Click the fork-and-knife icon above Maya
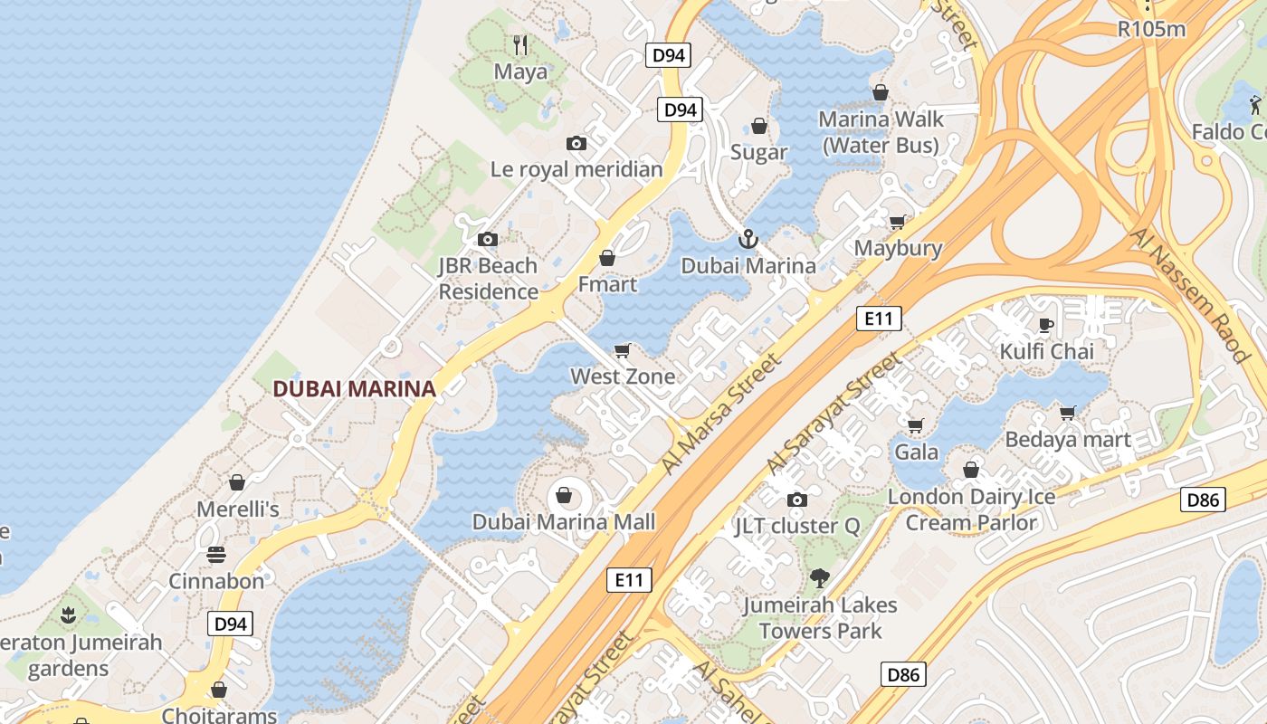tap(520, 44)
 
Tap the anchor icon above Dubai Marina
tap(748, 240)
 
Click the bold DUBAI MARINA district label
tap(354, 389)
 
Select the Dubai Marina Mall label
tap(564, 522)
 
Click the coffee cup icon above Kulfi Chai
tap(1046, 325)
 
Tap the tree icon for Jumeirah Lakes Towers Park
tap(820, 577)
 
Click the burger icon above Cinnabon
tap(216, 554)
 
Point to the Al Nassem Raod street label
tap(1190, 295)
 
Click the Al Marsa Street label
tap(720, 414)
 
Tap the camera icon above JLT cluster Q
tap(796, 500)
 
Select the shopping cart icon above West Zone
tap(622, 350)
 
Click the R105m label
tap(1151, 29)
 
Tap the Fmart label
tap(607, 284)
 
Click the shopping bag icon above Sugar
tap(759, 126)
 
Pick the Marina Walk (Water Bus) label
tap(881, 132)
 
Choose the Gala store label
tap(916, 451)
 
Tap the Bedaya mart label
tap(1068, 440)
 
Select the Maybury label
tap(898, 248)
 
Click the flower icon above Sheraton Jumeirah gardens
tap(67, 616)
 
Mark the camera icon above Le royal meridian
tap(576, 143)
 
